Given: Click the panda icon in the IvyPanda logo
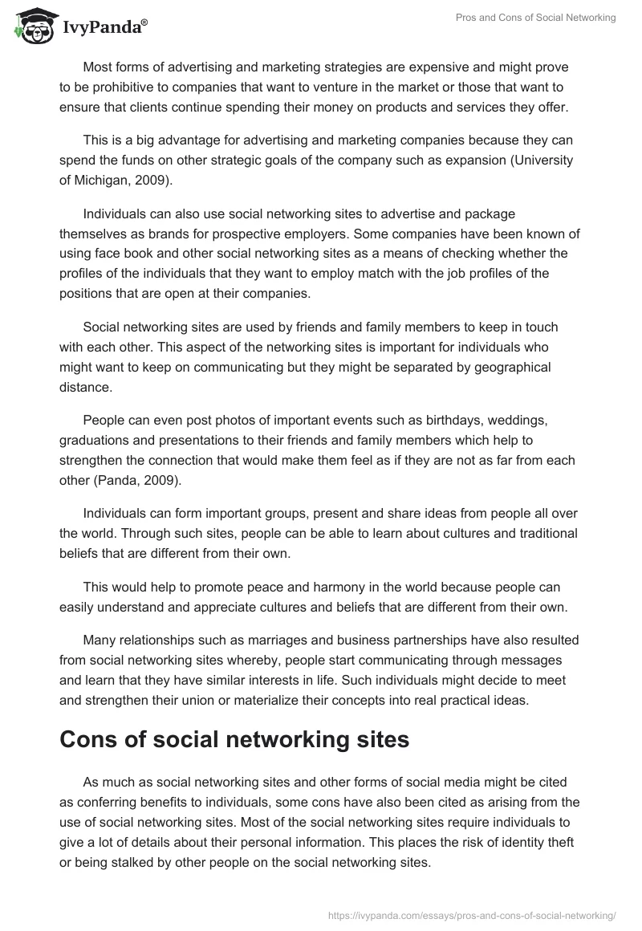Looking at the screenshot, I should click(31, 26).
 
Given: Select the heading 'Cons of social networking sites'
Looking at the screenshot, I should click(234, 739).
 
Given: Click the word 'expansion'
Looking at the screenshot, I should click(439, 161).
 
